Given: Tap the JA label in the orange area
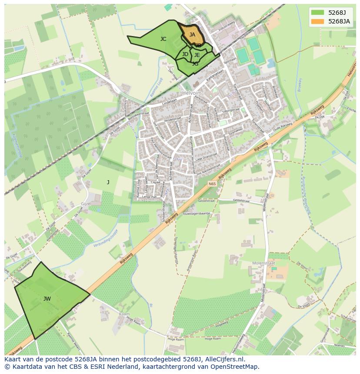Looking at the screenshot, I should [192, 34].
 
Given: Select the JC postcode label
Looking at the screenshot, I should [163, 39].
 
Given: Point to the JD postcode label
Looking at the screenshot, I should [185, 54].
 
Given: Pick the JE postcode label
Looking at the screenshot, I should [197, 55].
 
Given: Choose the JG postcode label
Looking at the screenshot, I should [195, 64].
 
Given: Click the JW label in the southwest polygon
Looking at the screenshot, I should [47, 299].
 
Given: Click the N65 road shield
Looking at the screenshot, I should [212, 184].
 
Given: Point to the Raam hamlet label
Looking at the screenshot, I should [124, 314].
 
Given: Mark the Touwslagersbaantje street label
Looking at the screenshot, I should [196, 214].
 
